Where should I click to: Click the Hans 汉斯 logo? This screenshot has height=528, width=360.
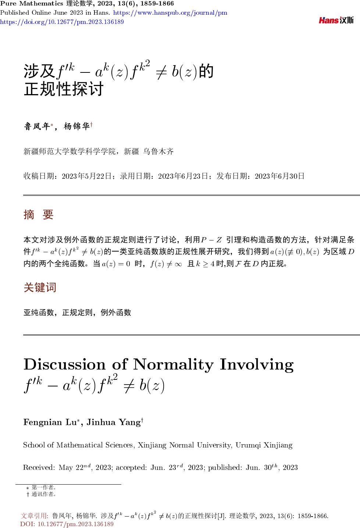(336, 21)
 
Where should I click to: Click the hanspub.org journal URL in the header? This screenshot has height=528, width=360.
(170, 13)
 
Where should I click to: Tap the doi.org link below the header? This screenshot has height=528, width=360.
(62, 22)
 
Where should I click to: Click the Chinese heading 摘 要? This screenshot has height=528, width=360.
(39, 214)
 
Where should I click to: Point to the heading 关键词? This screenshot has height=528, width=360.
(40, 287)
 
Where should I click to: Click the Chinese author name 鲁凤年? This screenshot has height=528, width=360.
(37, 127)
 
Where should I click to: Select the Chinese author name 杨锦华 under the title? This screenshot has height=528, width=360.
(76, 127)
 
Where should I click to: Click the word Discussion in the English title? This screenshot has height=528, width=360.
(64, 364)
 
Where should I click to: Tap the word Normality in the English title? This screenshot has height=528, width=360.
(173, 364)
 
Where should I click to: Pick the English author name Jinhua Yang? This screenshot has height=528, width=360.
(113, 422)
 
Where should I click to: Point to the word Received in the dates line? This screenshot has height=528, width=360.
(39, 468)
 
